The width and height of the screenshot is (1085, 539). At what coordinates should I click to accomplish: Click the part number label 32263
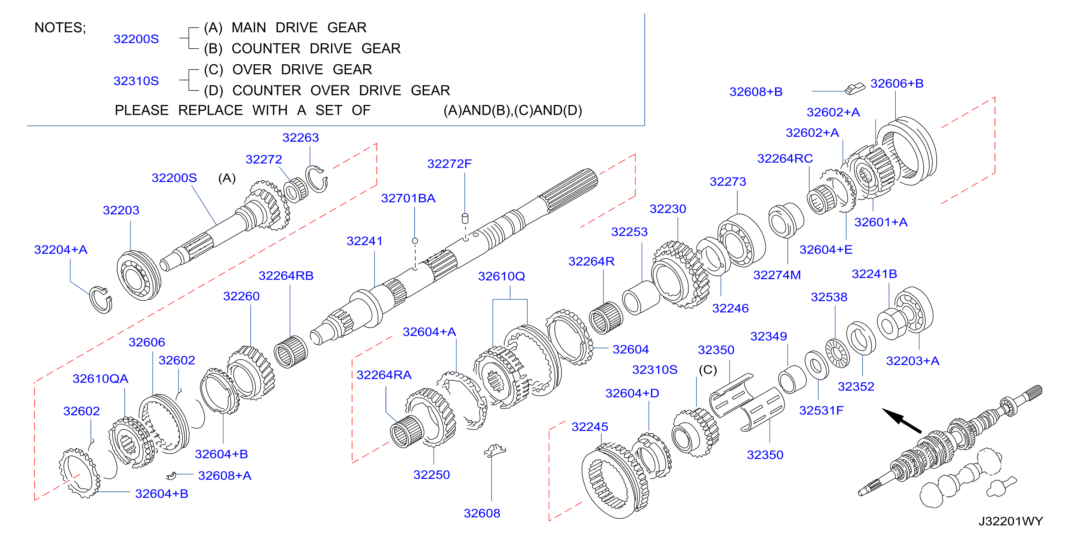[x=300, y=138]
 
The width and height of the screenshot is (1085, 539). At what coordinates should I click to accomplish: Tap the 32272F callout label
[x=449, y=164]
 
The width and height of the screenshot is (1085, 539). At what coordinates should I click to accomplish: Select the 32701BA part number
[x=408, y=198]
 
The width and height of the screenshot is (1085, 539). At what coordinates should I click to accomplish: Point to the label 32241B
[x=874, y=274]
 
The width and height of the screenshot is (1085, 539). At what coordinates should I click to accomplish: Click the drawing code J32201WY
[x=1011, y=521]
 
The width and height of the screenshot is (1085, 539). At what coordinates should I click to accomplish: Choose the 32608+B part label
[x=756, y=92]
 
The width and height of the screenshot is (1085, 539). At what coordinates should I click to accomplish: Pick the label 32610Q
[x=501, y=276]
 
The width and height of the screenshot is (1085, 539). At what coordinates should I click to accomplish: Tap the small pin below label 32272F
[x=465, y=219]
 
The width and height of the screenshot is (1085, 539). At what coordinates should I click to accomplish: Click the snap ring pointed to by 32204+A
[x=101, y=300]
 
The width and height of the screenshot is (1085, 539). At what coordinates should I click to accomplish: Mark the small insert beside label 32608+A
[x=170, y=476]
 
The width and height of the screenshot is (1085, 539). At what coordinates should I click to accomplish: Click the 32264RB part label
[x=286, y=276]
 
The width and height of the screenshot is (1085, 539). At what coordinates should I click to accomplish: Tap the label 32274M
[x=777, y=275]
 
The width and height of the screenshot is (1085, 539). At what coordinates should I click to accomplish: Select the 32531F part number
[x=821, y=410]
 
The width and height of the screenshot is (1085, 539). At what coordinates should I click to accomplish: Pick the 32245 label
[x=590, y=427]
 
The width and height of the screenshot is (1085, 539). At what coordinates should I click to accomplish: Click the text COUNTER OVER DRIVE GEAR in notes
[x=341, y=90]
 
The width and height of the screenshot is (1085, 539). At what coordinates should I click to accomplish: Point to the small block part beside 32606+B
[x=855, y=89]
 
